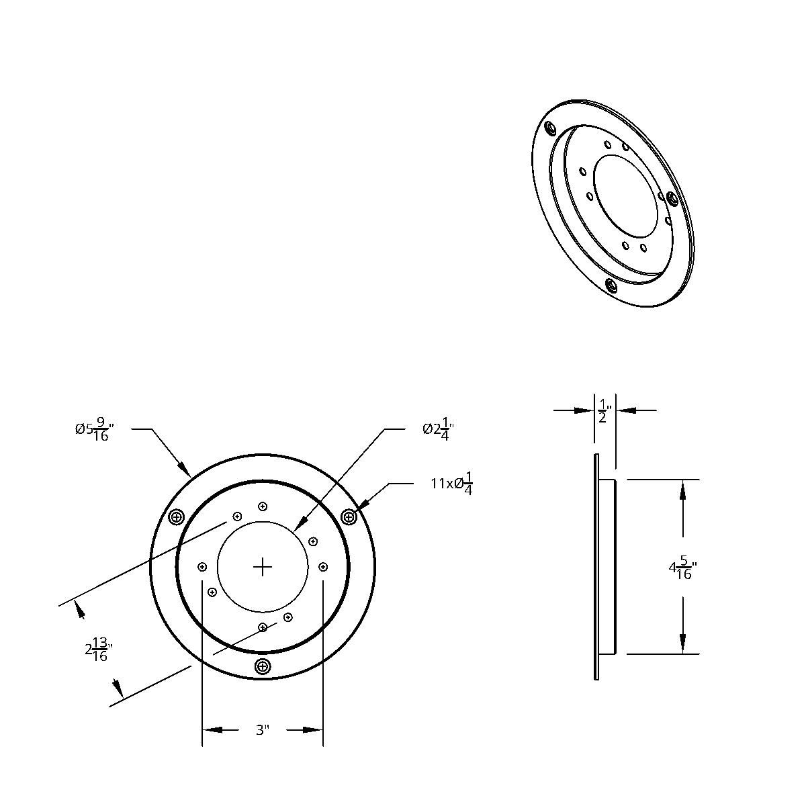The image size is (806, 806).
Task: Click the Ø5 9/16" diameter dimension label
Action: point(94,429)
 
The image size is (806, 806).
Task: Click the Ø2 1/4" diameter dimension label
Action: point(439,429)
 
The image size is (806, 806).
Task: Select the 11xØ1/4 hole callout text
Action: point(452,483)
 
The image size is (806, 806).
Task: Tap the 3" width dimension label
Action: point(263,730)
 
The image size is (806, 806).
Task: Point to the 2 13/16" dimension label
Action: point(99,650)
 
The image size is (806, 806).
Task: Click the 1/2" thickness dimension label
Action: point(604,410)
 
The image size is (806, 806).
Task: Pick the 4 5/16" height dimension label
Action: point(682,568)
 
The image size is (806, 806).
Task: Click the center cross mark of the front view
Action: point(263,568)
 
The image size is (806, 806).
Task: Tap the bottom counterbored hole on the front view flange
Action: point(263,666)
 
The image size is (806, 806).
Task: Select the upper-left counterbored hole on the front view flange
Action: point(177,517)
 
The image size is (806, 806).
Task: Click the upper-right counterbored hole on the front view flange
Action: point(349,517)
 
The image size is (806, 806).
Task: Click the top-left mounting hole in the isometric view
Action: point(550,128)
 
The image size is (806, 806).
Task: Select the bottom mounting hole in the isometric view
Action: point(611,286)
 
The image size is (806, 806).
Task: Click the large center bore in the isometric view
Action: point(626,196)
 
